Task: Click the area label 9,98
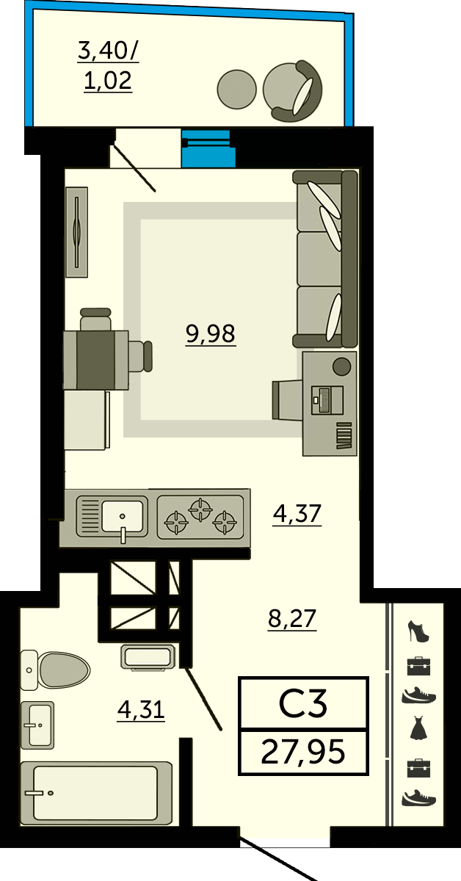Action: tap(211, 334)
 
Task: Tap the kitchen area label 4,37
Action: tap(297, 513)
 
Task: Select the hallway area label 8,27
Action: tap(292, 618)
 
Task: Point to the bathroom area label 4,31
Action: tap(141, 710)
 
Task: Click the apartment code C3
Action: tap(303, 703)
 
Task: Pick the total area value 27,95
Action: tap(303, 752)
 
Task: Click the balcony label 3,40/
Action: tap(108, 51)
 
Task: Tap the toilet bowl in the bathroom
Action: tap(56, 670)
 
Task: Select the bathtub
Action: tap(96, 792)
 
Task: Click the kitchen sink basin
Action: tap(123, 516)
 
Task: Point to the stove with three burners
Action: tap(200, 517)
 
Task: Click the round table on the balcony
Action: tap(237, 89)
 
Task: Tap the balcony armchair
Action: tap(293, 91)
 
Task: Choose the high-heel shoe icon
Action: tap(418, 631)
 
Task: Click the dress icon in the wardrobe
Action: tap(418, 728)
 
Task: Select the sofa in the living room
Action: tap(325, 258)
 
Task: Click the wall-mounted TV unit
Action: tap(76, 232)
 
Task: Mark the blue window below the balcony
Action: tap(208, 148)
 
